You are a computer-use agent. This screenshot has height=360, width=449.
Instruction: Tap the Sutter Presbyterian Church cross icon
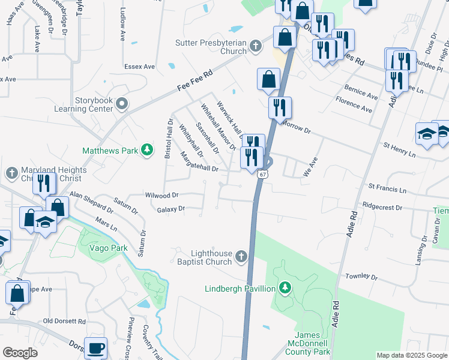click(256, 46)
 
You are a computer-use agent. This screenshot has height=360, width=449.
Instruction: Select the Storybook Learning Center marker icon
click(122, 104)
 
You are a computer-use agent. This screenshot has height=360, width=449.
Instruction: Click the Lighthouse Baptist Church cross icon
click(241, 257)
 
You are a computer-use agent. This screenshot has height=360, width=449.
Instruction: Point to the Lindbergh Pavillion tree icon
click(285, 289)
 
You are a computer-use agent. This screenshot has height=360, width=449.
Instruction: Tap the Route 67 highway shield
click(262, 175)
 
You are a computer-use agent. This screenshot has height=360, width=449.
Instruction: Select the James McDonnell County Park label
click(312, 343)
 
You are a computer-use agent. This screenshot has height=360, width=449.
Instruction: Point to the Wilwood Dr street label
click(162, 195)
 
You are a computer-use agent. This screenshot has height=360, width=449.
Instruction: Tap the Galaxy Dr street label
click(170, 209)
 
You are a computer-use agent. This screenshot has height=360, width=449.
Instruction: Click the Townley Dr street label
click(361, 277)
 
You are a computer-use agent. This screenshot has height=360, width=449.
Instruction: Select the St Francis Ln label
click(387, 190)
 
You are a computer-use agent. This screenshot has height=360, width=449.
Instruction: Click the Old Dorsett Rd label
click(64, 321)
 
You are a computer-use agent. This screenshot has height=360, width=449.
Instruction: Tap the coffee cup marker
click(96, 348)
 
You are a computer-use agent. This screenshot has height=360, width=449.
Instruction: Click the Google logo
click(20, 352)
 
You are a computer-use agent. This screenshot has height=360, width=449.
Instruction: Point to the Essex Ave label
click(139, 66)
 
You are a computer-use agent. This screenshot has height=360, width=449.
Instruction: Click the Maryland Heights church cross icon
click(12, 174)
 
